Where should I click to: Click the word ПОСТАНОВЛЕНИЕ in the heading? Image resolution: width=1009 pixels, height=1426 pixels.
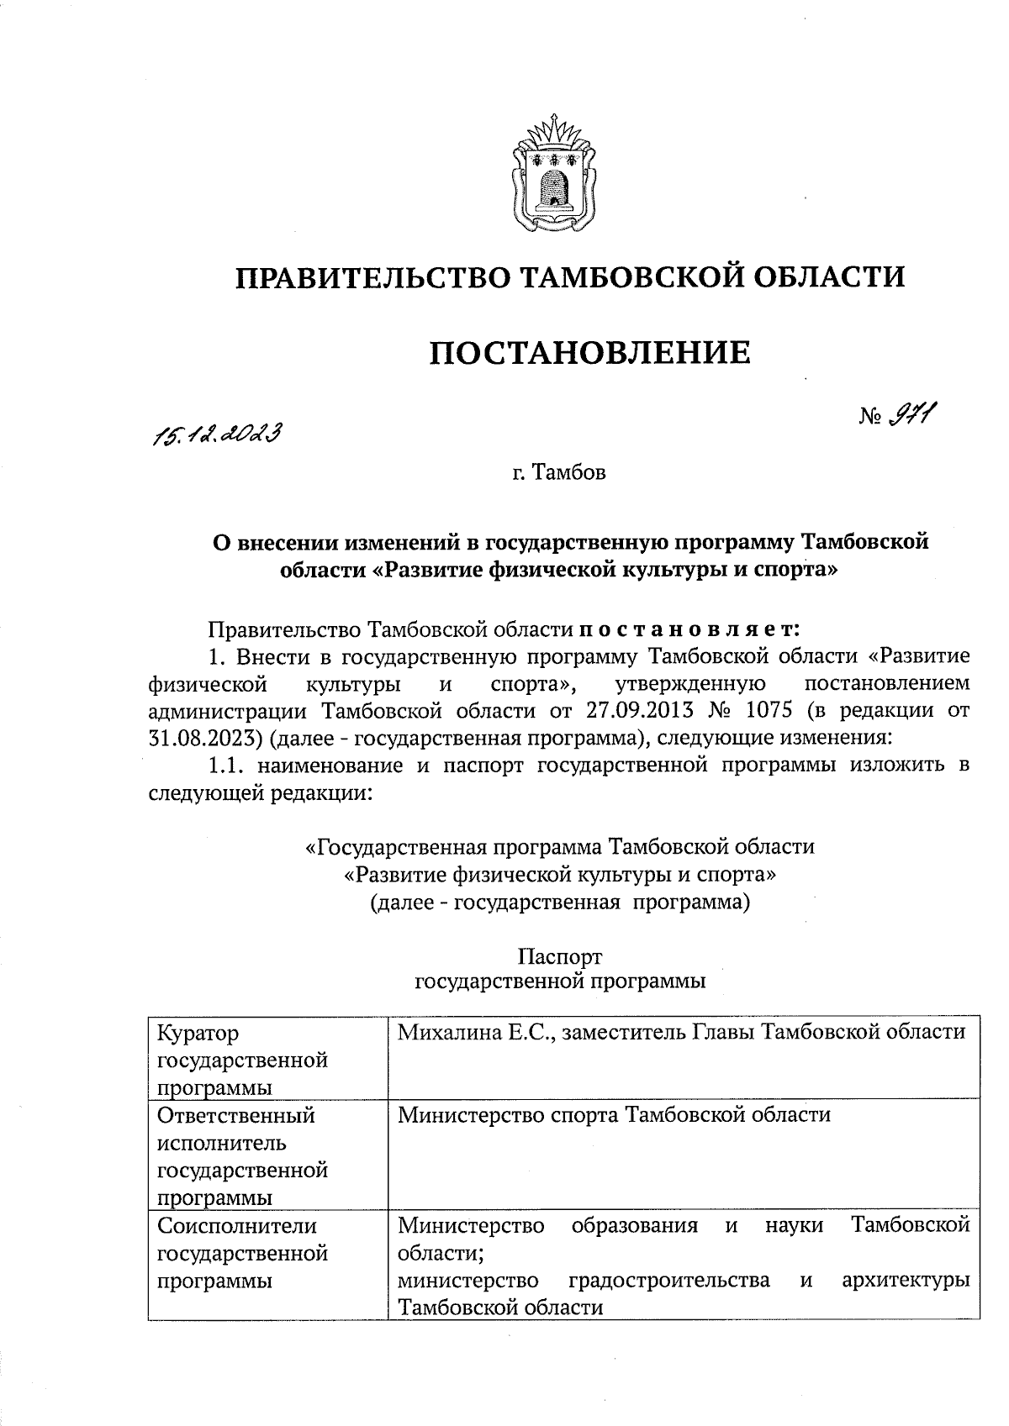pyautogui.click(x=589, y=353)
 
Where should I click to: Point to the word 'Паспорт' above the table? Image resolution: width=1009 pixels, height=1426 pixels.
pyautogui.click(x=560, y=957)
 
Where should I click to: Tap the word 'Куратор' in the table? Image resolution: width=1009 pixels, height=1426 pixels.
pyautogui.click(x=198, y=1033)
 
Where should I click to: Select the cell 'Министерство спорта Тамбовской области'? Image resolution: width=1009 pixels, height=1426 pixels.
pyautogui.click(x=614, y=1115)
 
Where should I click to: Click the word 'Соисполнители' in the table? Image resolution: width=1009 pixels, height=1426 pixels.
pyautogui.click(x=237, y=1225)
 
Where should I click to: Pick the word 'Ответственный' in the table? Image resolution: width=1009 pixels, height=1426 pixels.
pyautogui.click(x=236, y=1116)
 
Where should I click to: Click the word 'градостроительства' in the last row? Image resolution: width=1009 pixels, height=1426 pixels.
pyautogui.click(x=669, y=1280)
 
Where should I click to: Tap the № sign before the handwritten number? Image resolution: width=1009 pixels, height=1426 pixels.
pyautogui.click(x=870, y=418)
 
